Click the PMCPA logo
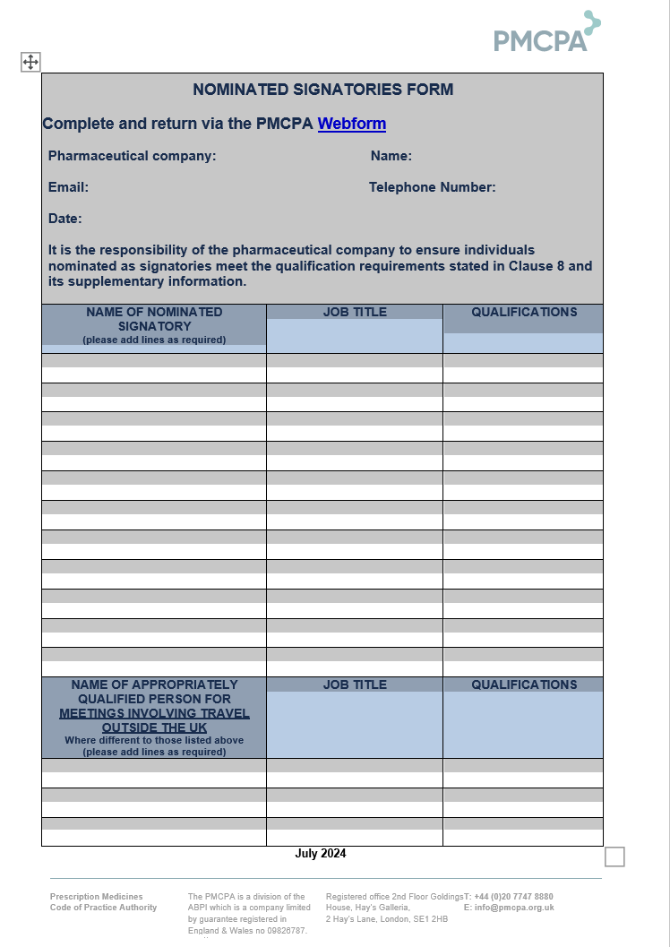click(545, 34)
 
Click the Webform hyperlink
click(351, 124)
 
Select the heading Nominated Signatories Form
click(322, 90)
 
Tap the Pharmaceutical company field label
click(132, 156)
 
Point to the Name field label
click(391, 156)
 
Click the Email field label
click(68, 187)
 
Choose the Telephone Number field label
click(432, 187)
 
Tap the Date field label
click(65, 219)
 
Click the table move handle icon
click(30, 62)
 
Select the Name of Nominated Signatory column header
click(154, 319)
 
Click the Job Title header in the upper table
click(355, 312)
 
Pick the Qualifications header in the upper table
click(524, 312)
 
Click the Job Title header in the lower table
click(355, 684)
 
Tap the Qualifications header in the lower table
click(524, 684)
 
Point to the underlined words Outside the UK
click(154, 727)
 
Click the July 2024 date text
click(321, 853)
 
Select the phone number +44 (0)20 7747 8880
click(513, 897)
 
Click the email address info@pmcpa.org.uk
click(514, 908)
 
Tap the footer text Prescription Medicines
click(96, 897)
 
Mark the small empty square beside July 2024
click(614, 857)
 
